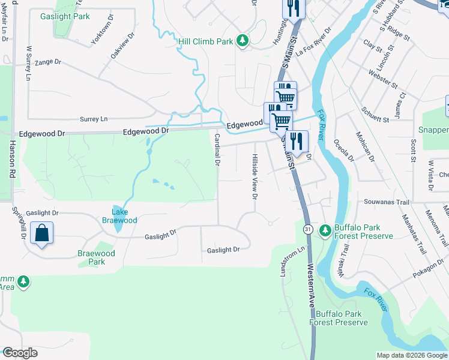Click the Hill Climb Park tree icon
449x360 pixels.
243,41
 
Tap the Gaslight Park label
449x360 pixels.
65,16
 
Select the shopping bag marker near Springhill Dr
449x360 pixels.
42,233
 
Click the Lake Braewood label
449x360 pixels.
120,216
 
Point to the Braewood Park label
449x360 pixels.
96,257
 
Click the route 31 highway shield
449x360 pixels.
308,229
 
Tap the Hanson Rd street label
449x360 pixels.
11,158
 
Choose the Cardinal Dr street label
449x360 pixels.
217,150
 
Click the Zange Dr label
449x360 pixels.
48,61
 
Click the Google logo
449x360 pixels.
20,353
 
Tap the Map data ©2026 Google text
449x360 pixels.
412,355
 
